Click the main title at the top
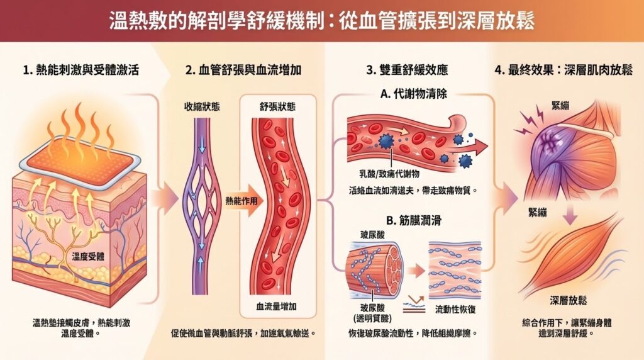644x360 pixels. click(322, 21)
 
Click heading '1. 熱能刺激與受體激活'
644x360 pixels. click(81, 70)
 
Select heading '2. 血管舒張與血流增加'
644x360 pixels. click(243, 70)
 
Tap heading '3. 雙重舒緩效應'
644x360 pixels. click(407, 70)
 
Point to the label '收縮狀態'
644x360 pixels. click(202, 107)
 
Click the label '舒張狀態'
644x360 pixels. click(277, 107)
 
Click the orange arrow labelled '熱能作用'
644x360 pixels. click(243, 201)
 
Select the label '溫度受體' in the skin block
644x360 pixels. click(88, 257)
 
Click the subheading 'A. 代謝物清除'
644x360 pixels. click(414, 94)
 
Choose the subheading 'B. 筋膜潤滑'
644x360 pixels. click(414, 221)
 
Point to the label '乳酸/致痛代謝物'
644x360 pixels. click(389, 174)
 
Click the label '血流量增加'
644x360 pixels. click(277, 307)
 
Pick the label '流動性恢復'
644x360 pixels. click(455, 310)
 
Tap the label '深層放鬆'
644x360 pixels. click(568, 300)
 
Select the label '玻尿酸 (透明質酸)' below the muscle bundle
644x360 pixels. click(372, 313)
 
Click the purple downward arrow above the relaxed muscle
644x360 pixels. click(570, 214)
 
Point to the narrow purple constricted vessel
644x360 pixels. click(201, 205)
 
